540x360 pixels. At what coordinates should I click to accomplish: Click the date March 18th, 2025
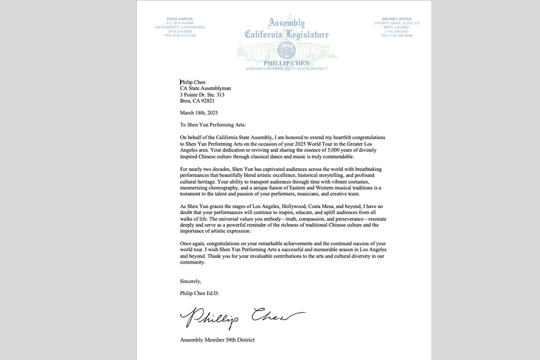coord(199,113)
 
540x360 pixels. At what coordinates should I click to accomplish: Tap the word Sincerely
coord(190,281)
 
